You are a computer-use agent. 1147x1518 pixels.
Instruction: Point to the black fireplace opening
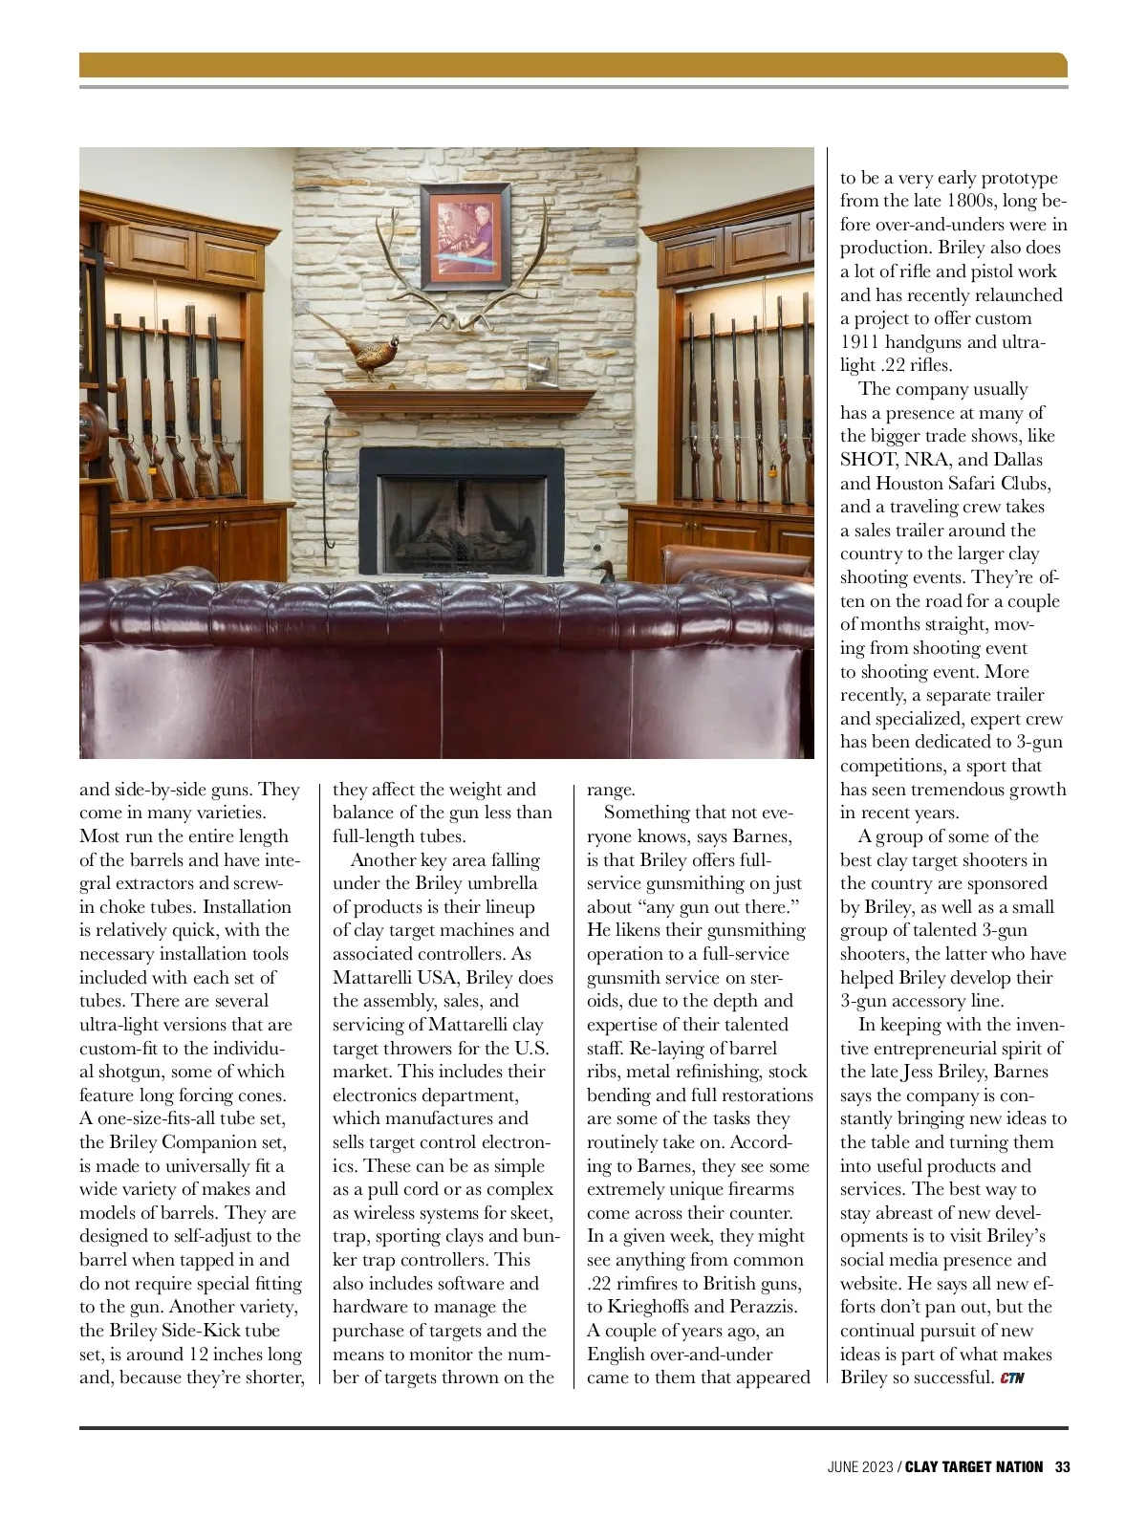461,517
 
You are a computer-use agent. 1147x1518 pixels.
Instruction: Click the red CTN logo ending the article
1013,1378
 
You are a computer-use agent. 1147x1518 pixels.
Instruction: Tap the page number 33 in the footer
1061,1467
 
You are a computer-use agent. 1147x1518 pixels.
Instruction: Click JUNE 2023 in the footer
860,1467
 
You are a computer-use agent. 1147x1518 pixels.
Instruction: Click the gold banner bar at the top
573,65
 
